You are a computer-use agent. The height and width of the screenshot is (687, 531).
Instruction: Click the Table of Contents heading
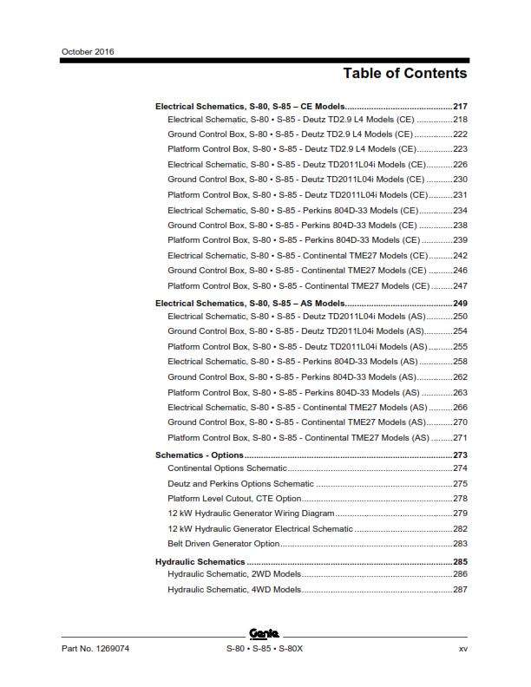click(404, 73)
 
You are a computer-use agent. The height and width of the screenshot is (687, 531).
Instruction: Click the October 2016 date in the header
click(88, 51)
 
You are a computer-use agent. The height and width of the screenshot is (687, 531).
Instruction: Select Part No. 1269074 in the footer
click(95, 649)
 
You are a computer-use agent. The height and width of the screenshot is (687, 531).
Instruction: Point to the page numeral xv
click(462, 649)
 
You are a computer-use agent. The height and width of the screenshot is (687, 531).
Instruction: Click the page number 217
click(460, 106)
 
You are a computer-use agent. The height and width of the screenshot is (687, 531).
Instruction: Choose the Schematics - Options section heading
click(199, 455)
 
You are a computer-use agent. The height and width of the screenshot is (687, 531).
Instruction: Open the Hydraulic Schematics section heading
click(200, 562)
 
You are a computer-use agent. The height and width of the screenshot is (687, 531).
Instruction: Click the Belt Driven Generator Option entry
click(224, 544)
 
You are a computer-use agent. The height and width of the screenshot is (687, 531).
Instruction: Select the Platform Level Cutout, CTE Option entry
click(234, 499)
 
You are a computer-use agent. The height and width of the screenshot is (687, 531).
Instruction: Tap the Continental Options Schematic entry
click(226, 468)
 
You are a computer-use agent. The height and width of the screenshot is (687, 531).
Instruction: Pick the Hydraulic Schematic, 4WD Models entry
click(234, 590)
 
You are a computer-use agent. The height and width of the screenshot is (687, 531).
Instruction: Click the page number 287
click(460, 590)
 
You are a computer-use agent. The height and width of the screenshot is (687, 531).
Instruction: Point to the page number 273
click(460, 455)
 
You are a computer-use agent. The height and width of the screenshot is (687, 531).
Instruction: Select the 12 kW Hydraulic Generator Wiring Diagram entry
click(251, 514)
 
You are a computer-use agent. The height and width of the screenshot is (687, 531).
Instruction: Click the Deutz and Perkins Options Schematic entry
click(240, 483)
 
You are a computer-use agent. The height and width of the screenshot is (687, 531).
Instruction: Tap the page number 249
click(460, 304)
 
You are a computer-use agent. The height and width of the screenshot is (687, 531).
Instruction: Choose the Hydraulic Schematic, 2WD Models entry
click(234, 574)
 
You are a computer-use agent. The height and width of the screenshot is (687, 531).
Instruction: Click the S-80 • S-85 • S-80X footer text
click(265, 649)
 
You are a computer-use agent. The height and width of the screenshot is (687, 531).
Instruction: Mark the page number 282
click(460, 528)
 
